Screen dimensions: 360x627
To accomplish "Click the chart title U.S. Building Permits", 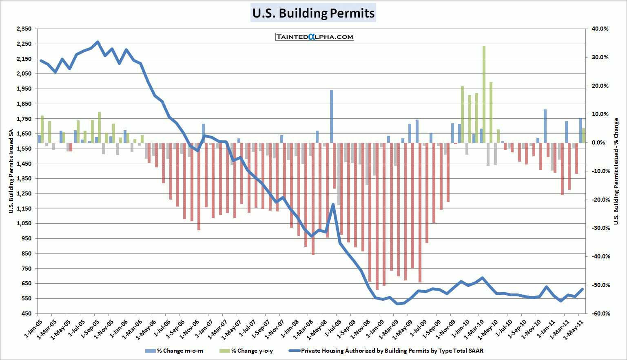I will point(313,13).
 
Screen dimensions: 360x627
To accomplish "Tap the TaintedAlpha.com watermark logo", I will point(315,37).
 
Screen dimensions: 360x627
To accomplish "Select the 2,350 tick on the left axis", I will point(24,29).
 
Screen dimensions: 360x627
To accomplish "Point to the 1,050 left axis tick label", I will point(24,224).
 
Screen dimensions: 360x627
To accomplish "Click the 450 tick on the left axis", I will point(27,313).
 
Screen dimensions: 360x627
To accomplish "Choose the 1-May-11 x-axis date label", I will point(573,328).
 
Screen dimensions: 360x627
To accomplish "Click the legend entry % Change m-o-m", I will point(174,351).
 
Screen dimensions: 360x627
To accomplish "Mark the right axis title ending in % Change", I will point(616,171).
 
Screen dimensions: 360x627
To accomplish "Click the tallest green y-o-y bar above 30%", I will point(484,94).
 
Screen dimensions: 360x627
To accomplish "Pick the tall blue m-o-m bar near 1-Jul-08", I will point(331,116).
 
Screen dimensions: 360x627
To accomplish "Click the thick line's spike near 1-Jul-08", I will point(333,204).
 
